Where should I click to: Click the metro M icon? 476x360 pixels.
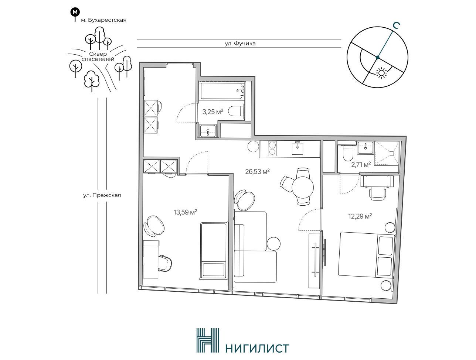[x=75, y=12]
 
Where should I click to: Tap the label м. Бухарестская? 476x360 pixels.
[x=103, y=20]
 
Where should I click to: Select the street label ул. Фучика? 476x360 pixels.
[x=240, y=44]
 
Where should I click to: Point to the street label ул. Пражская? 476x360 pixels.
[x=102, y=195]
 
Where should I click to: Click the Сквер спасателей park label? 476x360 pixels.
[x=98, y=56]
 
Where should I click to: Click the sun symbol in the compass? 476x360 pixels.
[x=381, y=73]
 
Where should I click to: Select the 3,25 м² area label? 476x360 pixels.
[x=212, y=112]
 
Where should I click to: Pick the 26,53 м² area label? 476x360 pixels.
[x=258, y=172]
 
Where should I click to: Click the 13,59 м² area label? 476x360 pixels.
[x=185, y=212]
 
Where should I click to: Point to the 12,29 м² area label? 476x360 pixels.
[x=360, y=216]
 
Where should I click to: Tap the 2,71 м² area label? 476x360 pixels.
[x=361, y=165]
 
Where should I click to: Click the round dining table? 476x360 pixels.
[x=303, y=187]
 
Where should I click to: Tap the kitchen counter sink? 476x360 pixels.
[x=297, y=148]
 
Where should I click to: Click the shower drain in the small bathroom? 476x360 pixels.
[x=391, y=153]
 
